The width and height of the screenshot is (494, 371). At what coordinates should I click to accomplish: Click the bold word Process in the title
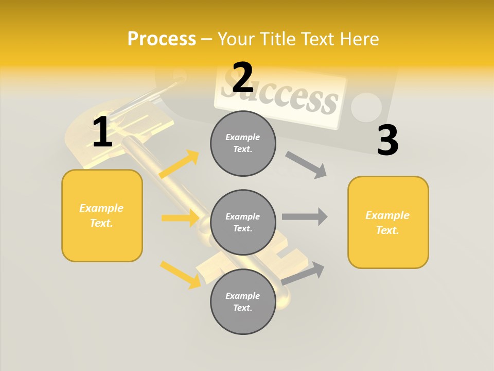pos(162,39)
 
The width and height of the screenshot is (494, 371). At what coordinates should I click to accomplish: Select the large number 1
pos(102,132)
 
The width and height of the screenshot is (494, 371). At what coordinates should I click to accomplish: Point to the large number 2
pos(243,78)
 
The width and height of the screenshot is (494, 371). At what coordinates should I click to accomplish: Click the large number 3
pos(387,140)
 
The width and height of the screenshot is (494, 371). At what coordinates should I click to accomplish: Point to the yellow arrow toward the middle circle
pos(180,218)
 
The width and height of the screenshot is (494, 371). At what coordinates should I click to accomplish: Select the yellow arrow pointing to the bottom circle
pos(181,275)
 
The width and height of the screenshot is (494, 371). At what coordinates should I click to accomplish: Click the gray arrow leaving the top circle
pos(306,165)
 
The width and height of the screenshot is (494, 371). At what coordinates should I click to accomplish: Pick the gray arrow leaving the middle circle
pos(305,216)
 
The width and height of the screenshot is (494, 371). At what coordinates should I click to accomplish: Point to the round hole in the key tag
pos(366,108)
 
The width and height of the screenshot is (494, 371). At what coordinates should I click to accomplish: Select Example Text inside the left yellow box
pos(101,215)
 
